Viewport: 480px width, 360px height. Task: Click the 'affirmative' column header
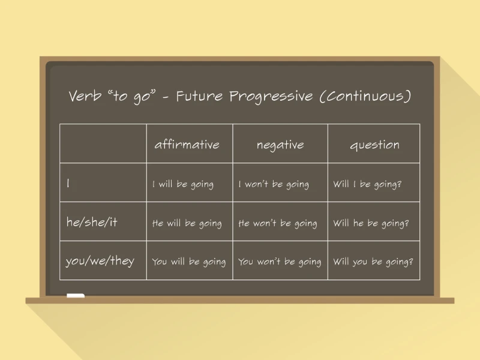[187, 145]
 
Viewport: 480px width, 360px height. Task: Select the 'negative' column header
[280, 145]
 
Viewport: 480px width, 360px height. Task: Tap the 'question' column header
[374, 145]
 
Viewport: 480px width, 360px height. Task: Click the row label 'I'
[68, 184]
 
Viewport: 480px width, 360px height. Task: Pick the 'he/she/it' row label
[92, 222]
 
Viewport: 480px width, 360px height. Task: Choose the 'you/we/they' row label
[100, 261]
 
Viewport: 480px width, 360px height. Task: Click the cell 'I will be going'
[182, 184]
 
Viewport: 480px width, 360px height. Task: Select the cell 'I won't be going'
[274, 184]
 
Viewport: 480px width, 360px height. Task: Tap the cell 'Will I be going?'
[367, 184]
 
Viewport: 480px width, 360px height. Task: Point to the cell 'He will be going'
[187, 223]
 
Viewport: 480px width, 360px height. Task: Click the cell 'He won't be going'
[278, 223]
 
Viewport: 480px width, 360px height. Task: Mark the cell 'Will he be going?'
[371, 223]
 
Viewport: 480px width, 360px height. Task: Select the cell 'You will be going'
[189, 262]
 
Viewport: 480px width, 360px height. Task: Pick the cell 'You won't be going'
[280, 262]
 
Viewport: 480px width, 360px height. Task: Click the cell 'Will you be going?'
[373, 262]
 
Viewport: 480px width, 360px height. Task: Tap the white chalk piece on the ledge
[76, 296]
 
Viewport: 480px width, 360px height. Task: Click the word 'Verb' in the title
[85, 96]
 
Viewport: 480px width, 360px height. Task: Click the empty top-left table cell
[103, 143]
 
